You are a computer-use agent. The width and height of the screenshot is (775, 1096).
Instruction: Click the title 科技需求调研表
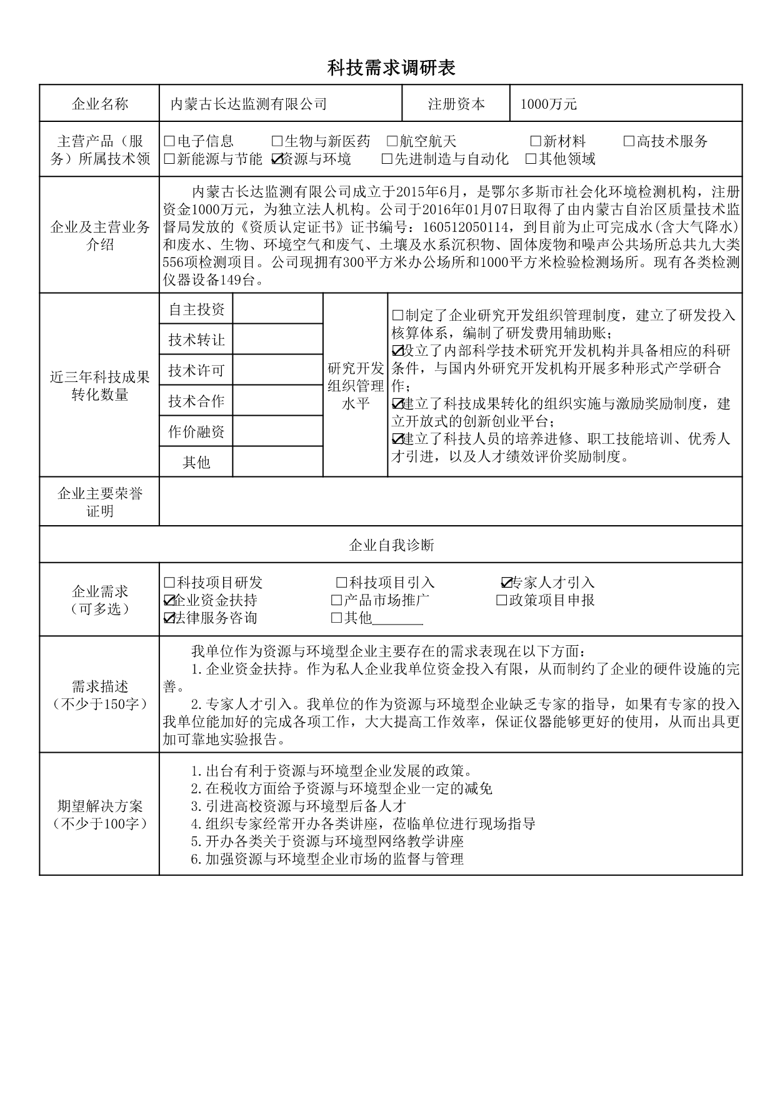click(391, 68)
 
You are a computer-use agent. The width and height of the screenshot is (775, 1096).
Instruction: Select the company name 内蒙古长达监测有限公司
click(249, 104)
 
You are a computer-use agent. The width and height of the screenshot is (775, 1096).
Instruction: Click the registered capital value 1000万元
click(548, 104)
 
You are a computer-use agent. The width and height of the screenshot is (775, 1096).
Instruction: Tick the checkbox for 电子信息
click(169, 142)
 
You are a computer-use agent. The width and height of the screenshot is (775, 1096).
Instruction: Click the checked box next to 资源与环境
click(277, 159)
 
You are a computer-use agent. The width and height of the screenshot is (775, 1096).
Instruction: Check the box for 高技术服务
click(629, 142)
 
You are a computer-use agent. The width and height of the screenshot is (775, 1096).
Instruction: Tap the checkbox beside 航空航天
click(392, 142)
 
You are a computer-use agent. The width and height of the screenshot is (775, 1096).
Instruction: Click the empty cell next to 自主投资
click(277, 309)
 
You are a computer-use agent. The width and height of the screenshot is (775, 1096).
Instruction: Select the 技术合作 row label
click(196, 401)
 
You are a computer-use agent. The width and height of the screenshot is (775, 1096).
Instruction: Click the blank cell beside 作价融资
click(277, 431)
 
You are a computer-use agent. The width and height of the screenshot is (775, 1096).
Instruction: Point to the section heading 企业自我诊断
click(391, 545)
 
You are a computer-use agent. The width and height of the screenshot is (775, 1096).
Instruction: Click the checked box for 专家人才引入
click(507, 583)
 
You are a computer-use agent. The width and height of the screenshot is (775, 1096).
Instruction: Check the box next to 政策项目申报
click(501, 601)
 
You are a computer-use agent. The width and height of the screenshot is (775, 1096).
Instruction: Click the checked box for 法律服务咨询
click(169, 618)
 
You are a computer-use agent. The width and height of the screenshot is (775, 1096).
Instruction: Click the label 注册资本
click(456, 104)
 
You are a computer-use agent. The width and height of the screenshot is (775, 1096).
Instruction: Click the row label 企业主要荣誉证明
click(100, 502)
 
